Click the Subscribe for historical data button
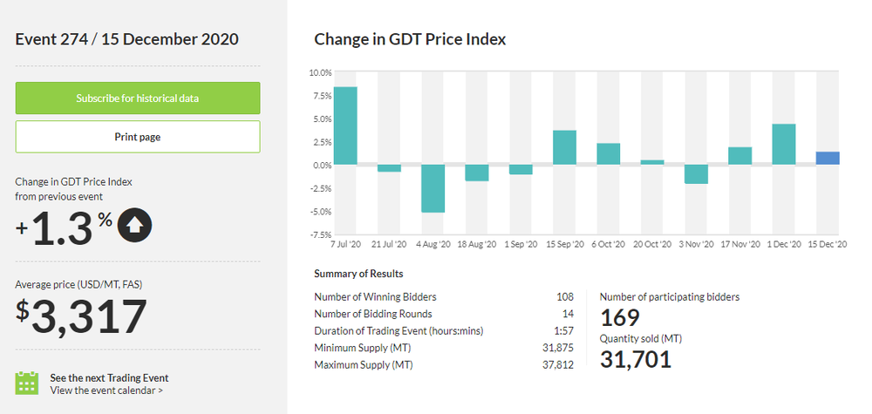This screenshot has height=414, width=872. click(138, 98)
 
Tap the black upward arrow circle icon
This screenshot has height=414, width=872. click(134, 225)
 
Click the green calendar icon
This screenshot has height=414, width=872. click(27, 383)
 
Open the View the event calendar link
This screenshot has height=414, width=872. click(106, 390)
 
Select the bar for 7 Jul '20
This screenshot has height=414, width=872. click(344, 126)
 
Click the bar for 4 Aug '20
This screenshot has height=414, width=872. click(433, 188)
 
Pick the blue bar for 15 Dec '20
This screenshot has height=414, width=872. click(828, 158)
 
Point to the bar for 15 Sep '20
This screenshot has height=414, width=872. click(564, 147)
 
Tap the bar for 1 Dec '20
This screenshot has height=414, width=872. click(783, 144)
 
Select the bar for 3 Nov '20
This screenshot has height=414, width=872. click(696, 174)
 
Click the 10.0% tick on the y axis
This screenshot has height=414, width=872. click(320, 72)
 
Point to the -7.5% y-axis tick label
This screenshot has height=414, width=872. click(319, 234)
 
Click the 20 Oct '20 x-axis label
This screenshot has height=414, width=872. click(651, 245)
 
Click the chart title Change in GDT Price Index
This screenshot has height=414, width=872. click(410, 39)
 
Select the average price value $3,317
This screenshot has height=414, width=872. click(81, 317)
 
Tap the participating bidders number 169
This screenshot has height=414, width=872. click(620, 318)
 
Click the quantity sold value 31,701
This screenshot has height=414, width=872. click(636, 358)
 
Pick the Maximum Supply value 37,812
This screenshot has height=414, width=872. click(557, 364)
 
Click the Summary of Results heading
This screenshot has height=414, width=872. click(358, 274)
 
